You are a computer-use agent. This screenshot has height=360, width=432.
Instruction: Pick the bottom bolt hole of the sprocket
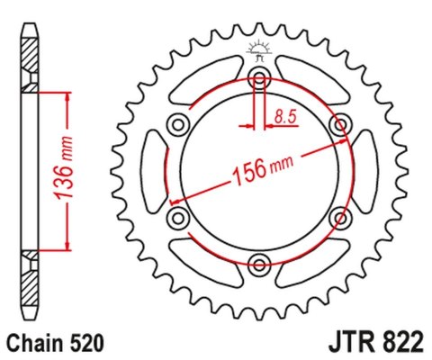pos(260,263)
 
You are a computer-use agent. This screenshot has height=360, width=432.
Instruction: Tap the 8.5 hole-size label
pos(285,115)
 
